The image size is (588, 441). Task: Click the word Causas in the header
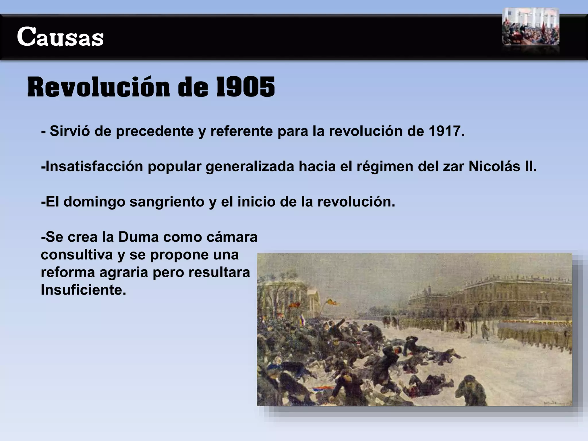click(x=60, y=37)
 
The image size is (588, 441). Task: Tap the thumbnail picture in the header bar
click(x=531, y=26)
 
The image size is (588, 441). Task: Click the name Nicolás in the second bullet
click(x=492, y=167)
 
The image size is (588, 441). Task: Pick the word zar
click(x=453, y=167)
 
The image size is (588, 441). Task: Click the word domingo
click(x=94, y=202)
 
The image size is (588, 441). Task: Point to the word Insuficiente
click(x=83, y=290)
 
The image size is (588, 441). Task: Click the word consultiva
click(x=77, y=255)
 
